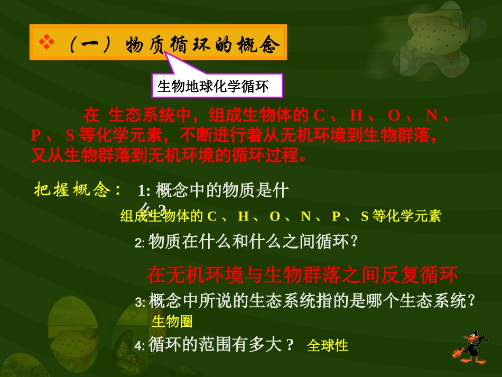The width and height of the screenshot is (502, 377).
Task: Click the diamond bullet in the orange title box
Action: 47,42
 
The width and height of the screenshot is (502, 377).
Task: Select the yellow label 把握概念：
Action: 78,190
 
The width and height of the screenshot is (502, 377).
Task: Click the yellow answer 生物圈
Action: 172,321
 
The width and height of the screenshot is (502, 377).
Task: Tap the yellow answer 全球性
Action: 328,345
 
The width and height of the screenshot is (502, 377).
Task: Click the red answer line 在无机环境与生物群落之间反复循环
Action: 302,275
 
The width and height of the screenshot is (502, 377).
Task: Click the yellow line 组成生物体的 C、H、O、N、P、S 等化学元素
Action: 281,216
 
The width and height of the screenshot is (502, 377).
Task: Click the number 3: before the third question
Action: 140,302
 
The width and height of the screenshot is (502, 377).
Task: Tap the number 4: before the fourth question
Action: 140,346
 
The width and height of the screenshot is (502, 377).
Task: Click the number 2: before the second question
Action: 140,243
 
